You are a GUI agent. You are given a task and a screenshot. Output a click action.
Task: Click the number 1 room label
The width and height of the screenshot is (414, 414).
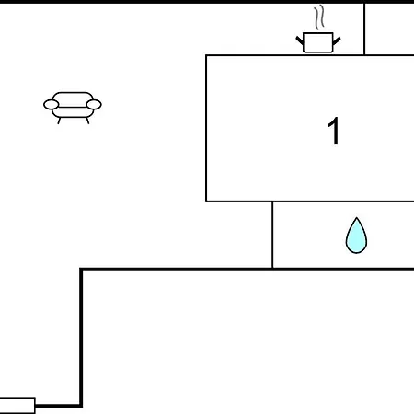click(x=334, y=131)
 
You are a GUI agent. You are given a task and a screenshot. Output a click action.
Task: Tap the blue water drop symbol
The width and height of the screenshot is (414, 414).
click(x=356, y=236)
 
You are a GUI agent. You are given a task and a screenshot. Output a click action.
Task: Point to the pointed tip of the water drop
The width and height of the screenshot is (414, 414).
click(x=356, y=218)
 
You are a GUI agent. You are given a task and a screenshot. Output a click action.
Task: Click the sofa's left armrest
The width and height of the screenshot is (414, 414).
click(x=52, y=105)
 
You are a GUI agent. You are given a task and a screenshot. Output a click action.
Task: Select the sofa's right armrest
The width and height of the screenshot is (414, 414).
click(x=94, y=105)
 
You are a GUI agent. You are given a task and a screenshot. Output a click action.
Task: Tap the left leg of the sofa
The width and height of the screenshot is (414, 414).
click(x=59, y=121)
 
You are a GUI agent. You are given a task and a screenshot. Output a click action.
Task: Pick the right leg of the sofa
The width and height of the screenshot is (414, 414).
click(x=87, y=121)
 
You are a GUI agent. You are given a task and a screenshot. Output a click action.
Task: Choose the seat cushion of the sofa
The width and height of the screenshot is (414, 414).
click(x=73, y=112)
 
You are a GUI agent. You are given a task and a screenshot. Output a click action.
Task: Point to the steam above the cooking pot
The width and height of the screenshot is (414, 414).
click(x=319, y=17)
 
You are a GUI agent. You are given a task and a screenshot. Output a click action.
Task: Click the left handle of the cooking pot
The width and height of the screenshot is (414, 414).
click(x=300, y=40)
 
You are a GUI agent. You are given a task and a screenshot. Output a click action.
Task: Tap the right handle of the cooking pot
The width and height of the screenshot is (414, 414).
click(x=337, y=40)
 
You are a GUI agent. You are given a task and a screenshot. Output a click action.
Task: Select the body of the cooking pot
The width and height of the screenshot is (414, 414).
click(x=318, y=42)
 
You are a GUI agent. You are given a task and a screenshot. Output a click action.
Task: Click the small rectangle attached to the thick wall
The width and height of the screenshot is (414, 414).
click(x=17, y=406)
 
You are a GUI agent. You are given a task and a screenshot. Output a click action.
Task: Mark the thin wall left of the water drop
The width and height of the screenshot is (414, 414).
click(x=272, y=235)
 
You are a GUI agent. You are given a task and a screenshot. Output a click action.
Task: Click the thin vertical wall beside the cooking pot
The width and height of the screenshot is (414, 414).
click(x=364, y=29)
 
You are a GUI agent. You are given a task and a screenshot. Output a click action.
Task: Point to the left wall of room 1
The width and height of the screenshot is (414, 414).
click(x=206, y=128)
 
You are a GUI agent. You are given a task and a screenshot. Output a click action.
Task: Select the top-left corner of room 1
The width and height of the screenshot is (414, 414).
click(x=206, y=55)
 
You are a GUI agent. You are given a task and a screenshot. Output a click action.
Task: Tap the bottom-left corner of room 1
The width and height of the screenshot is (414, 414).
click(x=206, y=201)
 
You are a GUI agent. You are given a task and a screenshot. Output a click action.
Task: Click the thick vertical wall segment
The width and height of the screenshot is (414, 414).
click(x=81, y=338)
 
